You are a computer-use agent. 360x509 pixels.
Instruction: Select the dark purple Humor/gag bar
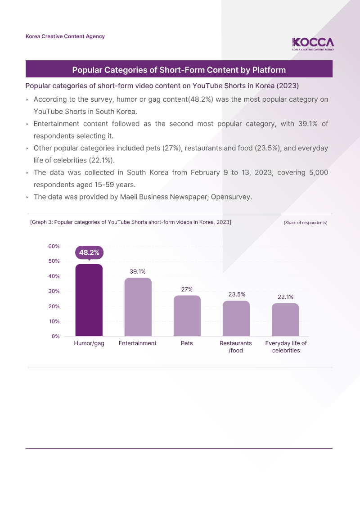(x=89, y=300)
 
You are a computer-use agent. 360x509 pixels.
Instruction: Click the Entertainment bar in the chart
(x=138, y=307)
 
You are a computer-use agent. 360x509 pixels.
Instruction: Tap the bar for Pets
(x=187, y=316)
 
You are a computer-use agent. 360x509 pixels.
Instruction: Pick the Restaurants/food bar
(x=236, y=319)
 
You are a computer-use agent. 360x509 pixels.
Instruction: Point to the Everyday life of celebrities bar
(x=285, y=320)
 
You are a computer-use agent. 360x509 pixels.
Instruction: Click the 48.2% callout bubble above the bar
(x=89, y=252)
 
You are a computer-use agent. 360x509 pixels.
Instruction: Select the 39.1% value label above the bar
(x=138, y=271)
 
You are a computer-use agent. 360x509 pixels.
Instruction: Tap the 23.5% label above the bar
(x=236, y=294)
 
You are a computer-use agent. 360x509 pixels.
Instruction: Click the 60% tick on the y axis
(x=54, y=246)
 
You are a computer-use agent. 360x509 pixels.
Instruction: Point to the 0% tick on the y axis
(x=55, y=336)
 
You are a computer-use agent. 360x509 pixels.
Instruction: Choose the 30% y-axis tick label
(x=54, y=291)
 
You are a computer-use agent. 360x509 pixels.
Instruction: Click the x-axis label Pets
(x=187, y=343)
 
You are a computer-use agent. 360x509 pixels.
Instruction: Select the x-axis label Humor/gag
(x=89, y=343)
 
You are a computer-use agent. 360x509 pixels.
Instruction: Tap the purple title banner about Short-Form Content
(x=179, y=70)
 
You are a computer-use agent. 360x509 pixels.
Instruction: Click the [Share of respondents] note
(x=306, y=223)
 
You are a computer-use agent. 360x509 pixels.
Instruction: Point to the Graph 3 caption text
(x=130, y=222)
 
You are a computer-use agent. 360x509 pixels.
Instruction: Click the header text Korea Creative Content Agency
(x=65, y=36)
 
